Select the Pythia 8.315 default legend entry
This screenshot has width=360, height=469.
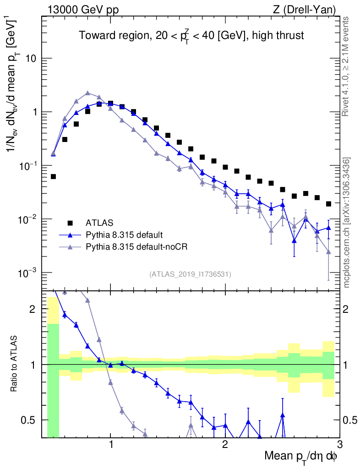(124, 235)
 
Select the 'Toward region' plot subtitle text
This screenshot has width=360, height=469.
(191, 36)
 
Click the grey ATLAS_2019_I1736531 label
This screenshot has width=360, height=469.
(190, 274)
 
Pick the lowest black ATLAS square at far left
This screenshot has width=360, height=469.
(53, 176)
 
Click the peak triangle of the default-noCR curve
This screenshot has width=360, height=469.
(87, 93)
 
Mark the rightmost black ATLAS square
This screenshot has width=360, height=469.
(328, 204)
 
